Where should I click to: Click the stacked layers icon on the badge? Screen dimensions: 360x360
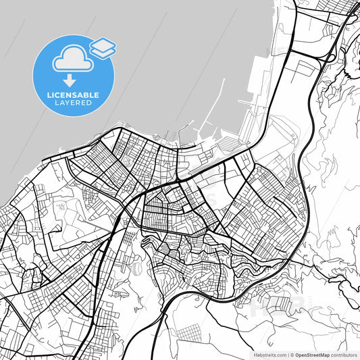(103, 47)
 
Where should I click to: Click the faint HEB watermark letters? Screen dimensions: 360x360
(277, 307)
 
